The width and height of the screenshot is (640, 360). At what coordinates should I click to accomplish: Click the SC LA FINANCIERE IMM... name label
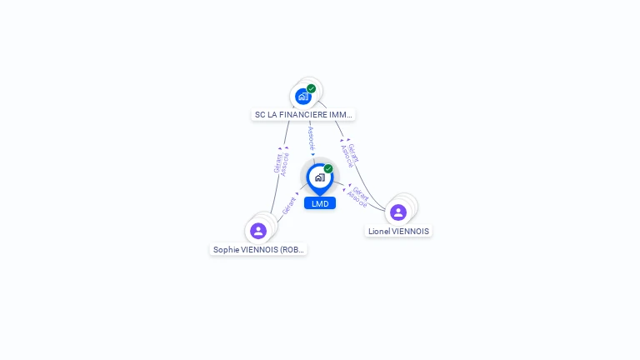pos(303,114)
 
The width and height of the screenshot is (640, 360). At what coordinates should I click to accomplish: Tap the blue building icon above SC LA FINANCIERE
pos(302,97)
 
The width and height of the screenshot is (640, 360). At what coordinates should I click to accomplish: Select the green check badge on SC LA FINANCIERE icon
pos(311,88)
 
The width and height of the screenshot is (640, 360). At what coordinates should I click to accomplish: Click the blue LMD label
pos(320,203)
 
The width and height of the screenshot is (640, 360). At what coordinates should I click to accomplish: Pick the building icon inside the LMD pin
pos(319,177)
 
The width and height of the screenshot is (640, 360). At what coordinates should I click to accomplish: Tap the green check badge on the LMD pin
pos(328,168)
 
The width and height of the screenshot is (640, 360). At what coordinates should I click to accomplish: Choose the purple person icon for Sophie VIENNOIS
pos(258,231)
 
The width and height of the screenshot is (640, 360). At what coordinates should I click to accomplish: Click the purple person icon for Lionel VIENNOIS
pos(398,212)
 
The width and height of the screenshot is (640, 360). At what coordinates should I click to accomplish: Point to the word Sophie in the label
pos(225,249)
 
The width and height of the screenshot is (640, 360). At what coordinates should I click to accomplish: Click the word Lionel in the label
pos(379,232)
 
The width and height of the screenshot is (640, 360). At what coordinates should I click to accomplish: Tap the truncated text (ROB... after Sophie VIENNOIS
pos(292,249)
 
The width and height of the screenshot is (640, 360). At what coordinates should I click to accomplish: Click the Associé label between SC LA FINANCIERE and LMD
pos(311,138)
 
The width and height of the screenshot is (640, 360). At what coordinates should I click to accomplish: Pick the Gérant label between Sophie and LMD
pos(288,205)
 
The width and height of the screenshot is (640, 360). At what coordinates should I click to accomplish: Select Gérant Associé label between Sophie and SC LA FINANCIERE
pos(282,162)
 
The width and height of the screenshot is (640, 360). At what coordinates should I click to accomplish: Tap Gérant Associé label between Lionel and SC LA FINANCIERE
pos(350,155)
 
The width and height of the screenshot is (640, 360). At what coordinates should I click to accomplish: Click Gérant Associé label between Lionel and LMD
pos(358,197)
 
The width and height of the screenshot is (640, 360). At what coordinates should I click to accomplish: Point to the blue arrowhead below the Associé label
pos(313,154)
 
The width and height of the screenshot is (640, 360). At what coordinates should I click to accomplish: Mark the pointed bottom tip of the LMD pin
pos(319,195)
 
